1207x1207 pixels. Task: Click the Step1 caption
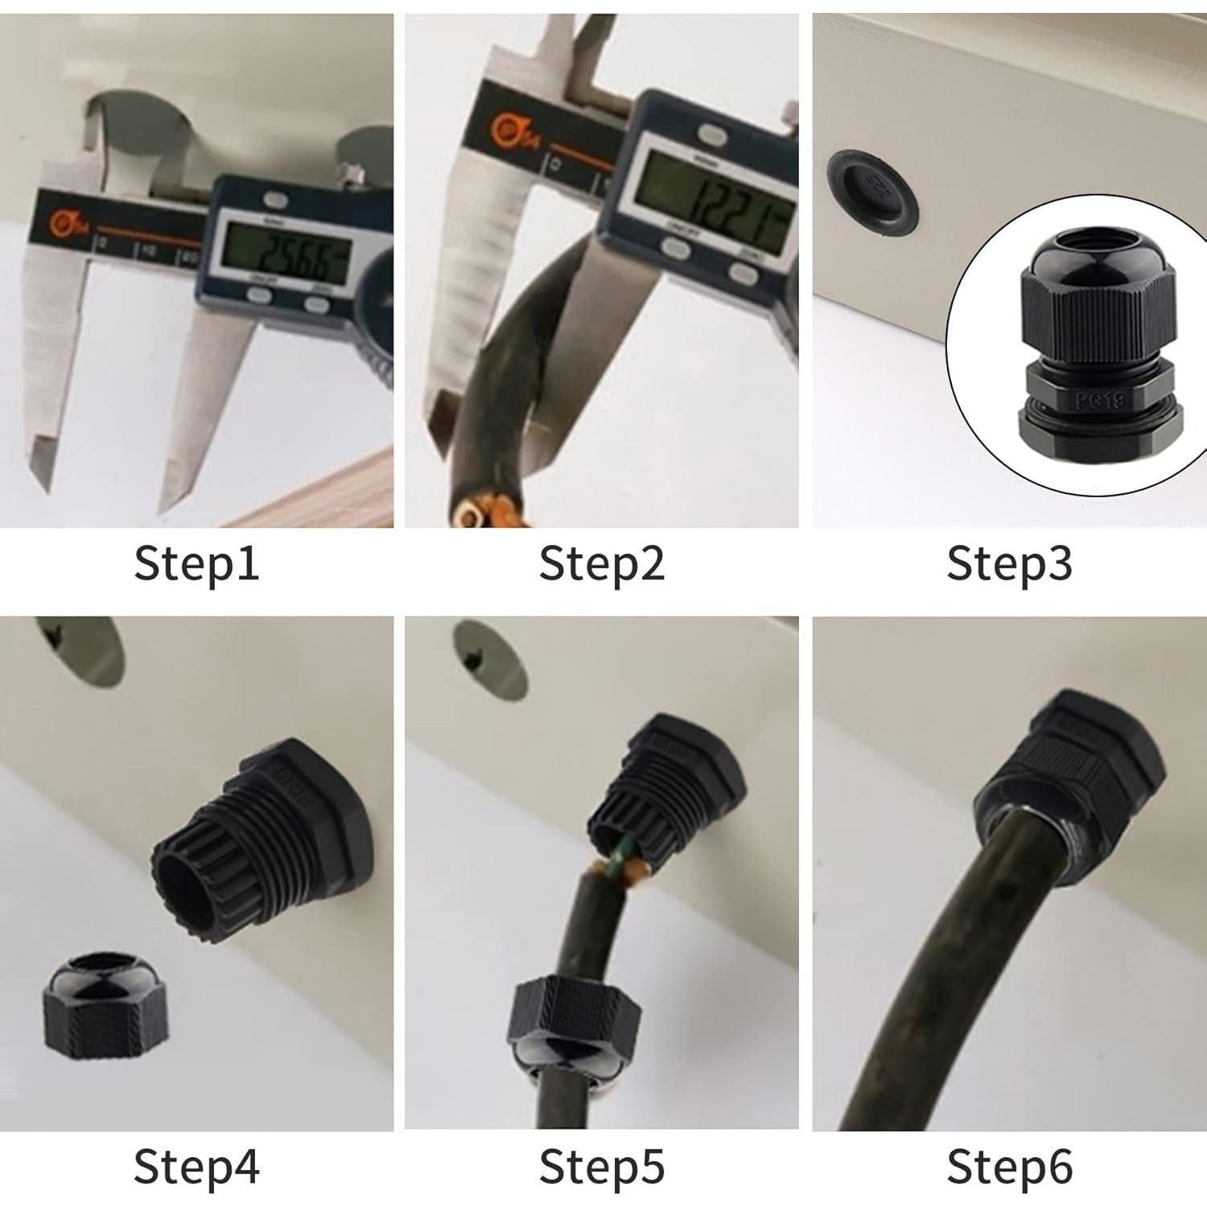point(196,562)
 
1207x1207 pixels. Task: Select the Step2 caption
point(602,562)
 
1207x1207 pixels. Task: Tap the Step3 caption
point(1009,562)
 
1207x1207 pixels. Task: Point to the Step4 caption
point(196,1166)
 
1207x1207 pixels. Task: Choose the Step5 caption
point(602,1166)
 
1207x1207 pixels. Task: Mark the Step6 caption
point(1009,1166)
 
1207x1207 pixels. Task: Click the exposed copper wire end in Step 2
point(475,513)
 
